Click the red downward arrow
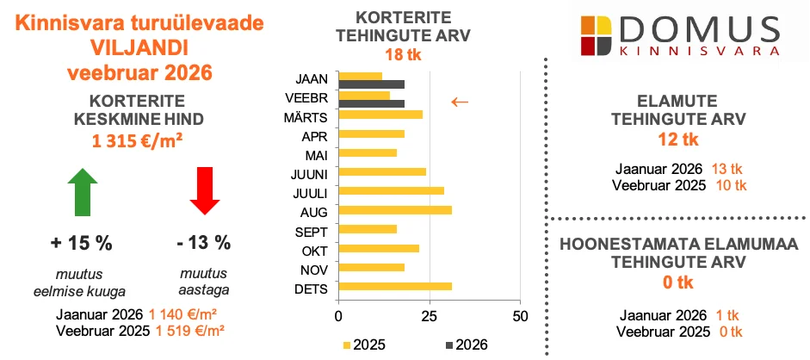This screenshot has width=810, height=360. (x=204, y=192)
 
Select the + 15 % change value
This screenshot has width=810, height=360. (x=82, y=243)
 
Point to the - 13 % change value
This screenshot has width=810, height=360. (x=204, y=243)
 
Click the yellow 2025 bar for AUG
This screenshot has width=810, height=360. (x=395, y=210)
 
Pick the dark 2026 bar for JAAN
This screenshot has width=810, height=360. (x=372, y=84)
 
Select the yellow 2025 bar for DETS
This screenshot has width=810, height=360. (x=395, y=287)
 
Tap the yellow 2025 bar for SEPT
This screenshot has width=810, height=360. (x=368, y=230)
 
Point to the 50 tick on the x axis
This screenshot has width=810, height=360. (x=519, y=315)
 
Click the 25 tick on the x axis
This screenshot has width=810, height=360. (x=429, y=315)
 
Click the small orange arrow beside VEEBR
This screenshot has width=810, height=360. (x=461, y=102)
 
